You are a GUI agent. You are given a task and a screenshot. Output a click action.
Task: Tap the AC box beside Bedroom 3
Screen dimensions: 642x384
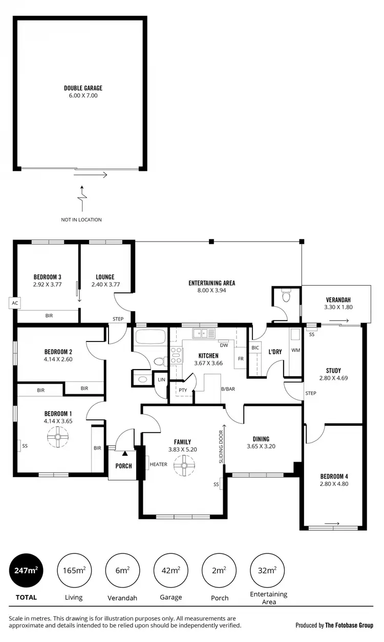tap(14, 303)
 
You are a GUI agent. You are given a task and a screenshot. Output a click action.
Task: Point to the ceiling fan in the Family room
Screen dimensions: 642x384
tap(183, 466)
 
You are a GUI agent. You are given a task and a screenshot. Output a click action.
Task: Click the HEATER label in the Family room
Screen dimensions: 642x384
tap(159, 465)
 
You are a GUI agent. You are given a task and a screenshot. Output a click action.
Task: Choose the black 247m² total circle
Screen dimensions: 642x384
tap(26, 570)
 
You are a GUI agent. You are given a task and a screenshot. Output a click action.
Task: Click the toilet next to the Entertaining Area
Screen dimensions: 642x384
tap(286, 296)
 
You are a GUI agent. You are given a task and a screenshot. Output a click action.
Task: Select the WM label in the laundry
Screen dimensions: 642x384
tap(295, 350)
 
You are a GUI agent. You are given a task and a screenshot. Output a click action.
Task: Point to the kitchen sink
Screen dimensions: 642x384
tap(204, 333)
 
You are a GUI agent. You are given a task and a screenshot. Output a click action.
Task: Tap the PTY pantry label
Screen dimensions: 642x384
tap(183, 390)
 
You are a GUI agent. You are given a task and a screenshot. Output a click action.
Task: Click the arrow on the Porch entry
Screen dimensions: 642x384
tap(125, 453)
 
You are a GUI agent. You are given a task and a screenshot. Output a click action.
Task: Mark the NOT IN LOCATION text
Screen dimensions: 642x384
tap(81, 220)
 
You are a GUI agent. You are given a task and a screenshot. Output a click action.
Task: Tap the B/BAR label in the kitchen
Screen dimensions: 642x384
tap(228, 390)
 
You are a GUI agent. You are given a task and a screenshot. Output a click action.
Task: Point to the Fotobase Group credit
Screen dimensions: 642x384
tap(334, 625)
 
